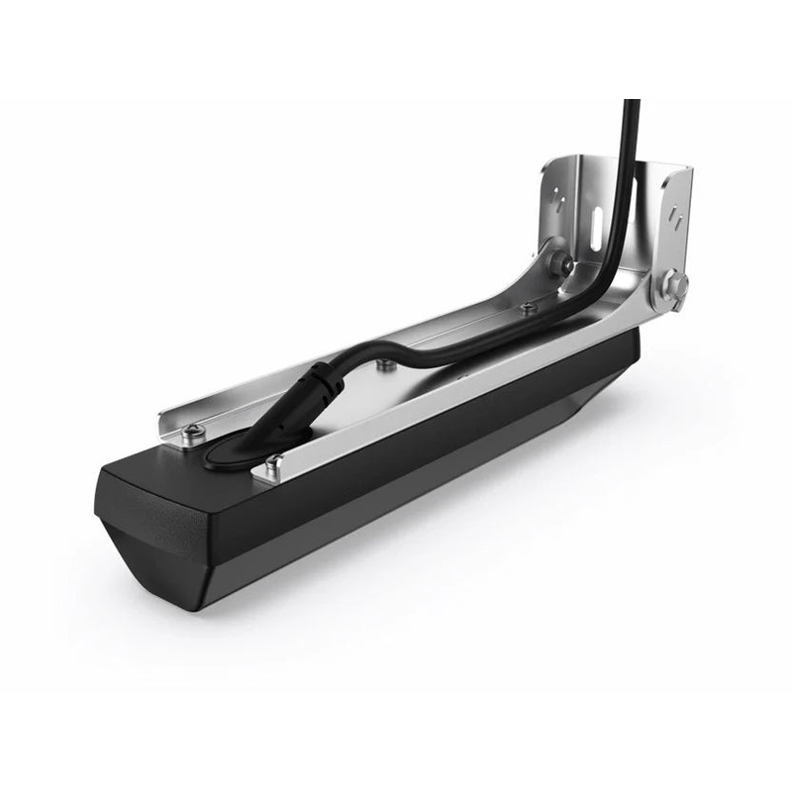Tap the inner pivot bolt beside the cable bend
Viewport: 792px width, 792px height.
pyautogui.click(x=560, y=263)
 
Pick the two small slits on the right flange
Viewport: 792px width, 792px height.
pyautogui.click(x=675, y=214)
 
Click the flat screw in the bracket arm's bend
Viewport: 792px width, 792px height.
pyautogui.click(x=527, y=309)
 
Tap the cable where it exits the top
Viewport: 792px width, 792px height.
pyautogui.click(x=630, y=109)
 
